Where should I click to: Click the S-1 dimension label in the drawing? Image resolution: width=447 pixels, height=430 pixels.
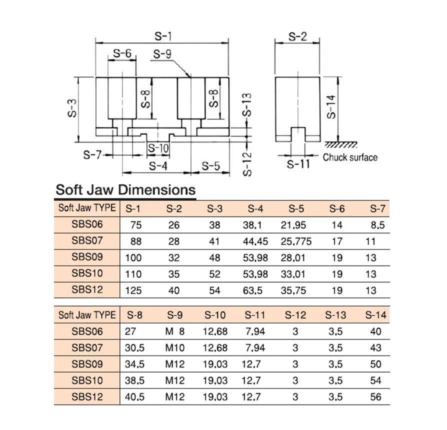[163, 36]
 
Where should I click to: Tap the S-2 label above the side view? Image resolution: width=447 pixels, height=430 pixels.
[297, 36]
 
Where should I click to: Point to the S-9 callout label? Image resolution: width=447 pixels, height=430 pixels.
[162, 53]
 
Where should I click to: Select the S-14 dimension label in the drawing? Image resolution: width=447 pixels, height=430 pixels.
[331, 107]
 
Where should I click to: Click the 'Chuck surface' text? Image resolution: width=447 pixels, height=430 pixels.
[350, 157]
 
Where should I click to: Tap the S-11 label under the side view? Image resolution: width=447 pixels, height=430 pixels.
[298, 164]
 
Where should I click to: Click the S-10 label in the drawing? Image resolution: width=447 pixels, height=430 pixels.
[158, 148]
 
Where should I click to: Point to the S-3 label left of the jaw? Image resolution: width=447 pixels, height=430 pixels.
[72, 108]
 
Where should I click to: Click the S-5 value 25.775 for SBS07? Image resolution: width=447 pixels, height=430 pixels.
[296, 241]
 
